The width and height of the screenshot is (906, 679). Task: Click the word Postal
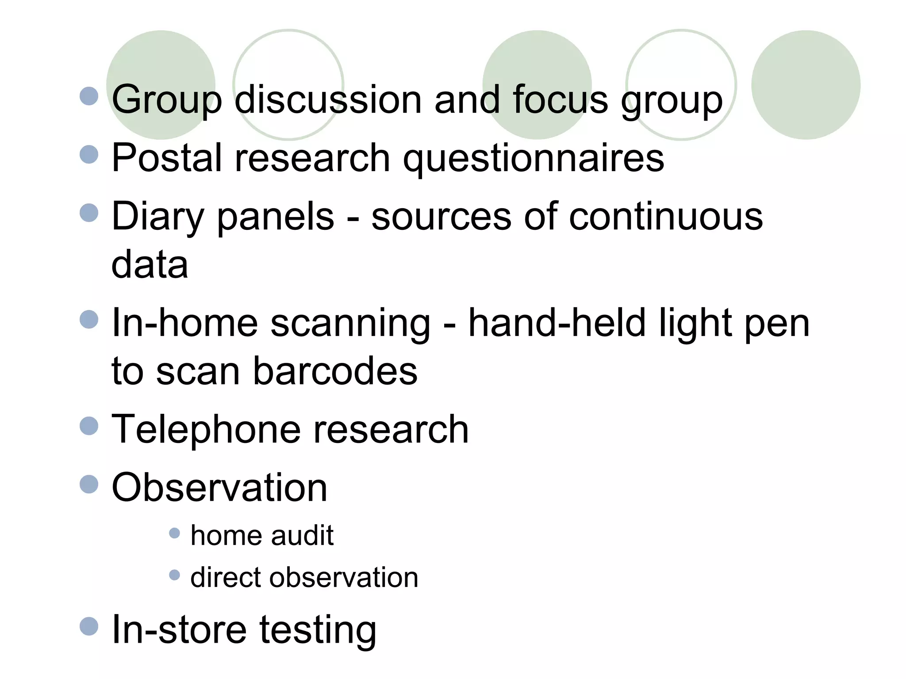click(x=167, y=158)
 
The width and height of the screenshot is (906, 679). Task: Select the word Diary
click(x=157, y=217)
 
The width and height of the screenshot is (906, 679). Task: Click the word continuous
click(x=665, y=217)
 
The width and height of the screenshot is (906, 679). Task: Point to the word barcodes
click(x=335, y=371)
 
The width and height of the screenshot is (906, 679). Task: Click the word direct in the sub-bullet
click(x=223, y=577)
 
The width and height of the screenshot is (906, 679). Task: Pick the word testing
click(x=318, y=629)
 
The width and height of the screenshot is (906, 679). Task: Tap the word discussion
click(x=328, y=99)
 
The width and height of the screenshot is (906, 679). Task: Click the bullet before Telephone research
click(x=89, y=426)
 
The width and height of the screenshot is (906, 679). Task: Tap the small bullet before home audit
click(x=175, y=533)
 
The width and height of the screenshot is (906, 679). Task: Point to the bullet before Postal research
click(x=89, y=154)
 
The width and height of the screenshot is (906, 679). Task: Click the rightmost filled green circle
click(x=806, y=85)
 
